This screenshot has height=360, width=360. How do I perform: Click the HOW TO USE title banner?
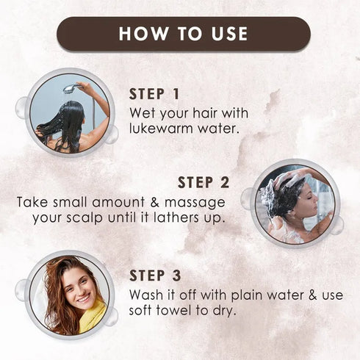pyautogui.click(x=183, y=34)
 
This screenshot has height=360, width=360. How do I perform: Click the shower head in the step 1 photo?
pyautogui.click(x=70, y=88)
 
